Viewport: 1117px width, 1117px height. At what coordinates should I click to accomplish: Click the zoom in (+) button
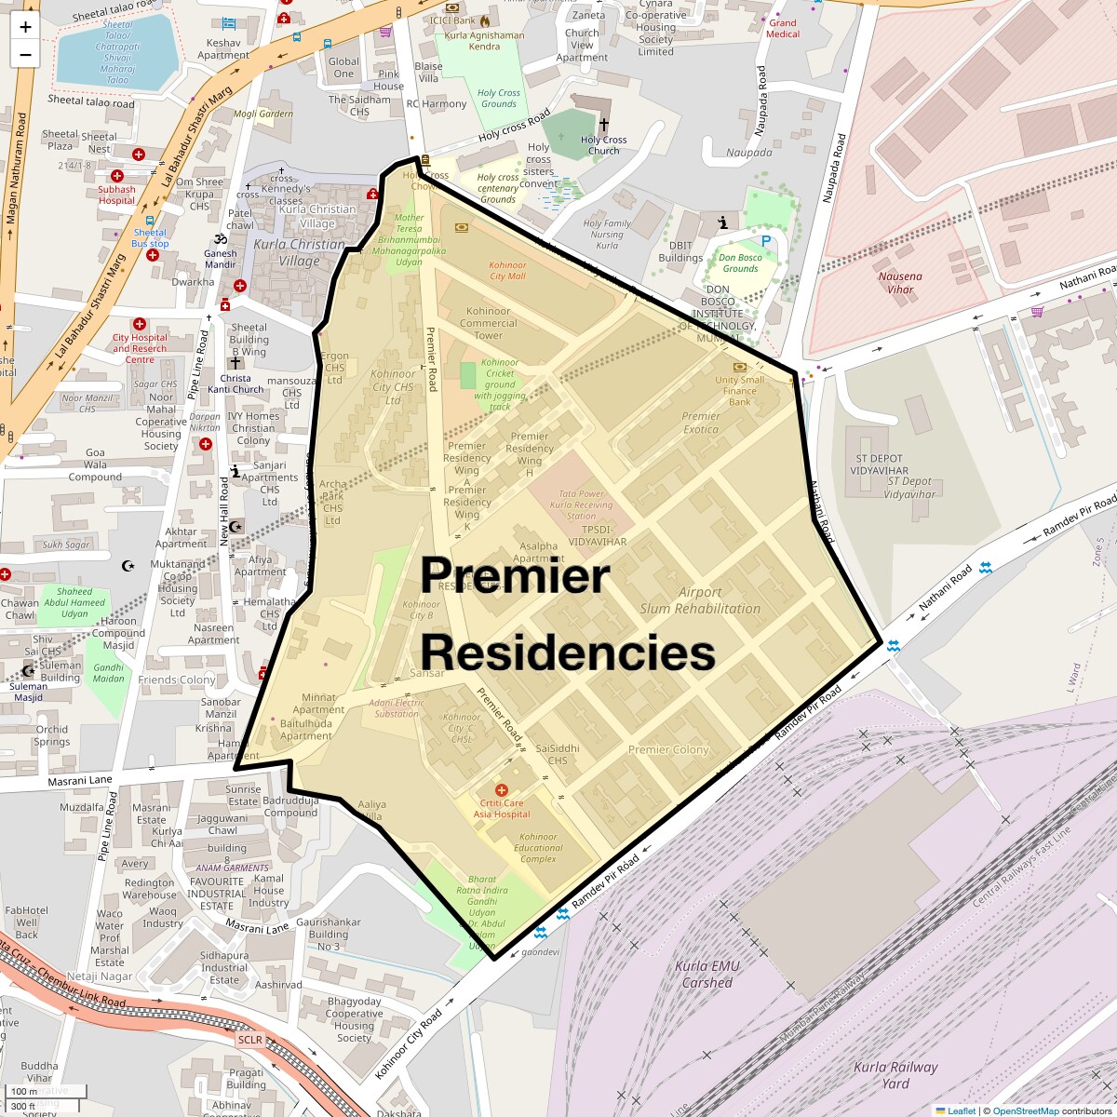pyautogui.click(x=25, y=26)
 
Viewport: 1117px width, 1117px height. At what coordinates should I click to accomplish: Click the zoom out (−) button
pyautogui.click(x=25, y=54)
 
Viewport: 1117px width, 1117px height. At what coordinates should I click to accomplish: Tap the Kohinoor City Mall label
pyautogui.click(x=507, y=271)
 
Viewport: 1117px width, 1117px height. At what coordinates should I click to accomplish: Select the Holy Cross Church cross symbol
pyautogui.click(x=603, y=124)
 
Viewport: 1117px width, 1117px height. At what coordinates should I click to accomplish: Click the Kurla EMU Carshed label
pyautogui.click(x=707, y=975)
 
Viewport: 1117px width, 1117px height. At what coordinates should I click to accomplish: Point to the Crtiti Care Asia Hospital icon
pyautogui.click(x=501, y=789)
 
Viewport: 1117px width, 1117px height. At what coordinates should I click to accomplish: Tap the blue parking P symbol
pyautogui.click(x=766, y=241)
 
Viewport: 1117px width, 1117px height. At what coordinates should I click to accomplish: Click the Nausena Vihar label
pyautogui.click(x=900, y=283)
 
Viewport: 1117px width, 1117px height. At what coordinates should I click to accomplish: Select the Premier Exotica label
pyautogui.click(x=700, y=423)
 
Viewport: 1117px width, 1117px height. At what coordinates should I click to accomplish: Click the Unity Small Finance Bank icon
pyautogui.click(x=740, y=367)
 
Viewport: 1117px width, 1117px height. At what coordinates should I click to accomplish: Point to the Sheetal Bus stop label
pyautogui.click(x=150, y=238)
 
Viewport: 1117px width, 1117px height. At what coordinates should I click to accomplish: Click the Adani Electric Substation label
pyautogui.click(x=397, y=708)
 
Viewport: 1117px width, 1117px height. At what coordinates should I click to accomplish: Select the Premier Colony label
pyautogui.click(x=668, y=749)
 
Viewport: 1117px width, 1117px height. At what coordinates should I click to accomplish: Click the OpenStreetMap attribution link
pyautogui.click(x=1025, y=1110)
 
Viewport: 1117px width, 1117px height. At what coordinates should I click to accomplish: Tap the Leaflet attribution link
pyautogui.click(x=961, y=1110)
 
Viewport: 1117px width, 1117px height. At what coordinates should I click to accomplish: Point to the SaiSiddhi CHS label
pyautogui.click(x=558, y=754)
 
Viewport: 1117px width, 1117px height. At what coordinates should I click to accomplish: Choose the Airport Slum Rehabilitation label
pyautogui.click(x=700, y=600)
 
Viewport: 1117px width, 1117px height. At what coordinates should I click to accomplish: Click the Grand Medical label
pyautogui.click(x=783, y=29)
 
